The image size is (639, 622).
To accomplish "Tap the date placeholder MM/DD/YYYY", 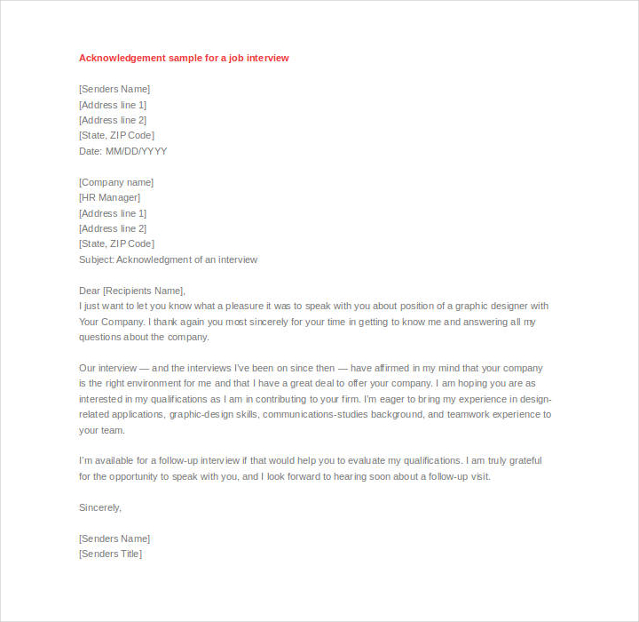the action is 137,151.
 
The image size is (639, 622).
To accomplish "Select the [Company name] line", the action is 116,182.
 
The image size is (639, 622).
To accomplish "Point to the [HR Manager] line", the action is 109,197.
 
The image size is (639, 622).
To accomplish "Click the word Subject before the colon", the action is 95,259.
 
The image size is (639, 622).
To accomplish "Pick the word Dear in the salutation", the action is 90,291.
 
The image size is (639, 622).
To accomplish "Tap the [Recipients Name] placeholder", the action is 145,291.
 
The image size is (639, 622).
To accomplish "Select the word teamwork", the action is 471,414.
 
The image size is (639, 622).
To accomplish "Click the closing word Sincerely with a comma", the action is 99,507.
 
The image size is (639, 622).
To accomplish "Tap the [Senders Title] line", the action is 110,554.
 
